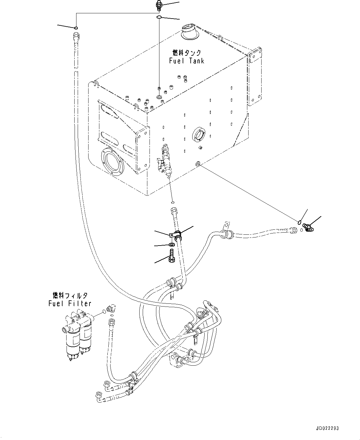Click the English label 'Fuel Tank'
pyautogui.click(x=187, y=61)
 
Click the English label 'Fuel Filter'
pyautogui.click(x=70, y=303)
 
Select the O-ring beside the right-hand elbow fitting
pyautogui.click(x=300, y=222)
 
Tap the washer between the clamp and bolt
pyautogui.click(x=171, y=245)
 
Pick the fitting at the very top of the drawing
pyautogui.click(x=158, y=5)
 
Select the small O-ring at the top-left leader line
pyautogui.click(x=76, y=28)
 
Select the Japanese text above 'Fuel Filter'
pyautogui.click(x=70, y=295)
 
